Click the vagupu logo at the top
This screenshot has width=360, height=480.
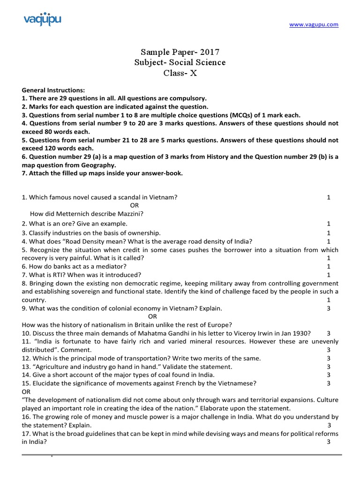(42, 20)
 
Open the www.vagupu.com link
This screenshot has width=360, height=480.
(313, 25)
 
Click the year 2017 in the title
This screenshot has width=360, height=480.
(209, 52)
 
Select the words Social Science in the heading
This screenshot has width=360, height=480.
(193, 62)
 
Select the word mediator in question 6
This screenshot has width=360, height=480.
(99, 266)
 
